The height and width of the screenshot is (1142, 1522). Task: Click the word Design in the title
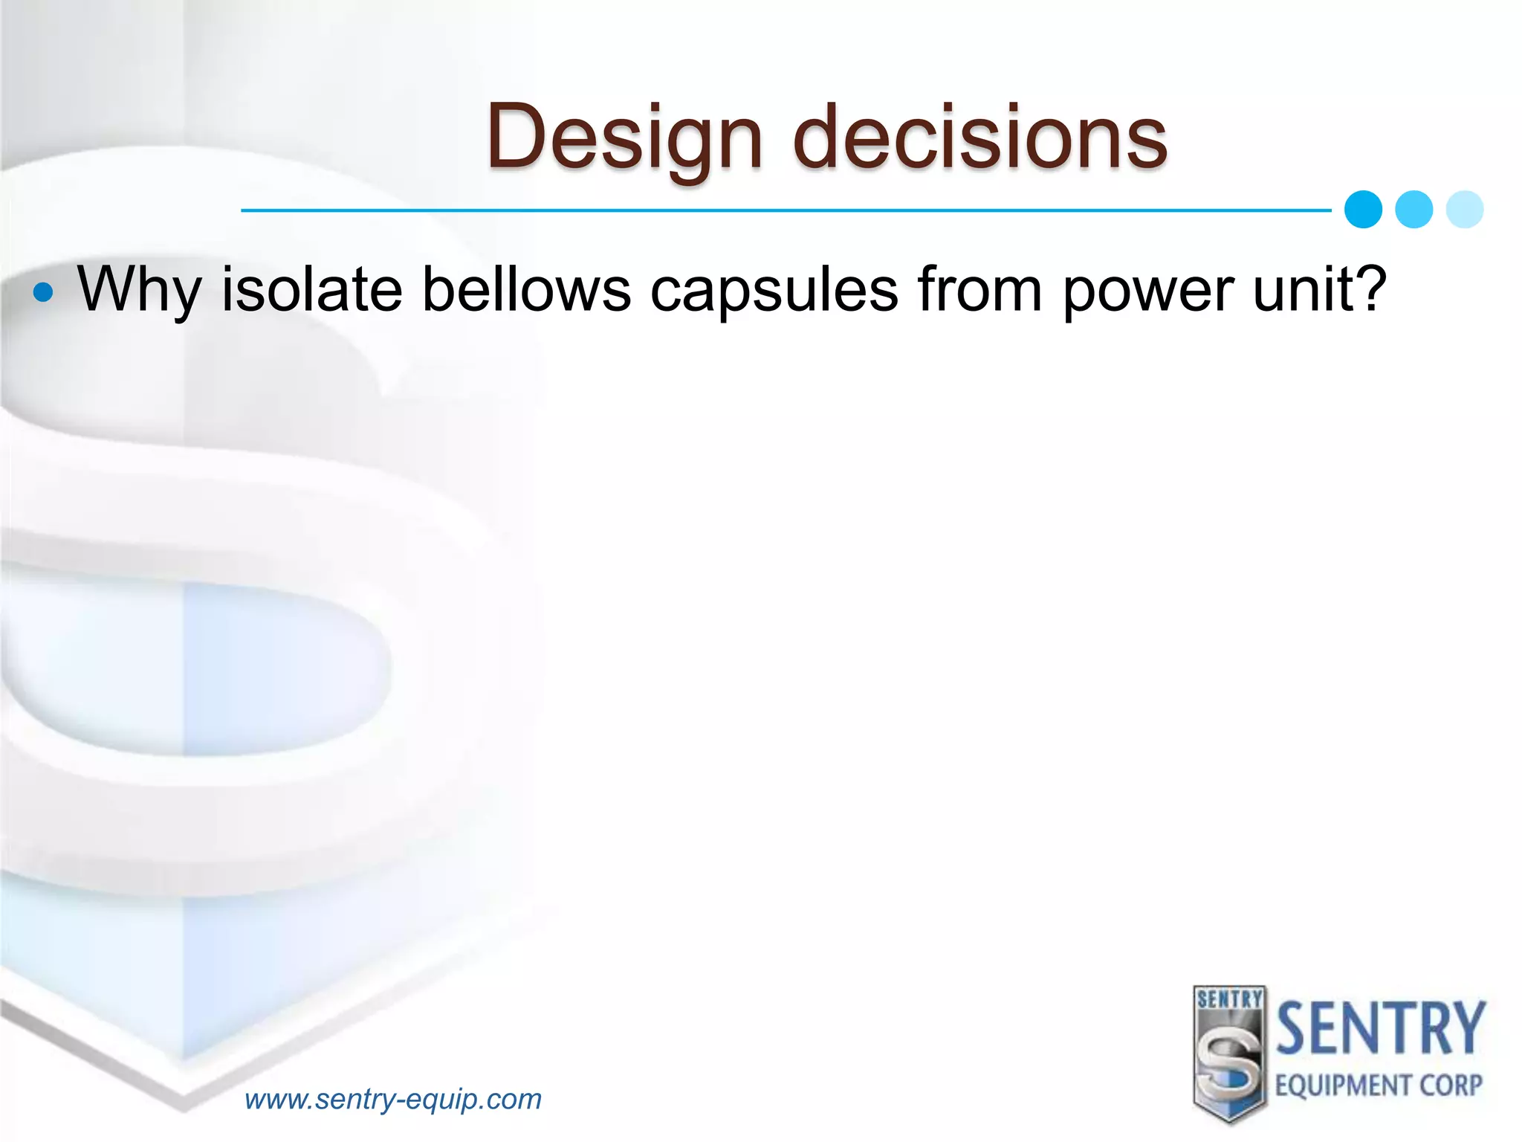pos(624,138)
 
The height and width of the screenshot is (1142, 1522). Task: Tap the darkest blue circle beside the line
pos(1363,210)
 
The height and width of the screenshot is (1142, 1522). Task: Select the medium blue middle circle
pos(1413,210)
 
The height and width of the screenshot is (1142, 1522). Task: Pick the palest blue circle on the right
pos(1465,210)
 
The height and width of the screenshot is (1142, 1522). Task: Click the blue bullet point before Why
pos(44,292)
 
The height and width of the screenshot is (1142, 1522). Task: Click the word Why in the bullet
pos(139,290)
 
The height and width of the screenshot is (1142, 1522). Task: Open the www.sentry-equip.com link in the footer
pos(393,1099)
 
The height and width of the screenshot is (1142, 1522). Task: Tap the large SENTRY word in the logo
pos(1380,1029)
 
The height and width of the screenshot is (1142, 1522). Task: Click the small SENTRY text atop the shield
pos(1230,999)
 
